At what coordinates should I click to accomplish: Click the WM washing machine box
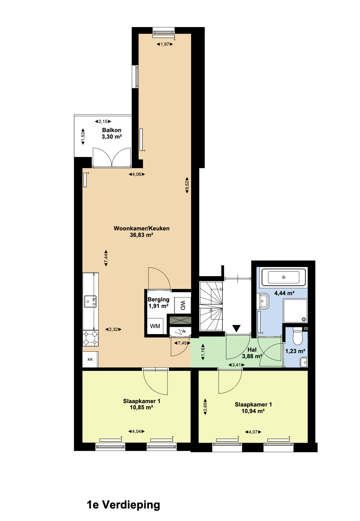click(x=155, y=326)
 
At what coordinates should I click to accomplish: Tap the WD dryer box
click(x=183, y=305)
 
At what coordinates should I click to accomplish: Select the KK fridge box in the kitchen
click(x=90, y=359)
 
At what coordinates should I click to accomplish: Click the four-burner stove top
click(x=91, y=338)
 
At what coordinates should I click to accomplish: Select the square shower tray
click(x=295, y=310)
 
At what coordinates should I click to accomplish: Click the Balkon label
click(x=112, y=130)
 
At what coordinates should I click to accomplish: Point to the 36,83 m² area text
click(x=141, y=235)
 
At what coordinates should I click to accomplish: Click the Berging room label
click(x=158, y=299)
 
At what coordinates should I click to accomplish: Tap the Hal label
click(x=252, y=349)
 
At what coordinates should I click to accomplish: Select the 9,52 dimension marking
click(x=187, y=185)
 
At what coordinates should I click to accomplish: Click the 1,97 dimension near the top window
click(x=165, y=44)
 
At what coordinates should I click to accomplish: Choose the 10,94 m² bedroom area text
click(x=253, y=411)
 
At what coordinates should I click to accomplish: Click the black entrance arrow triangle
click(x=237, y=328)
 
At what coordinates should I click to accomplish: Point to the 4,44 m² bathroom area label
click(x=284, y=293)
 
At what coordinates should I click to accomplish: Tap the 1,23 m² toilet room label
click(x=295, y=351)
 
